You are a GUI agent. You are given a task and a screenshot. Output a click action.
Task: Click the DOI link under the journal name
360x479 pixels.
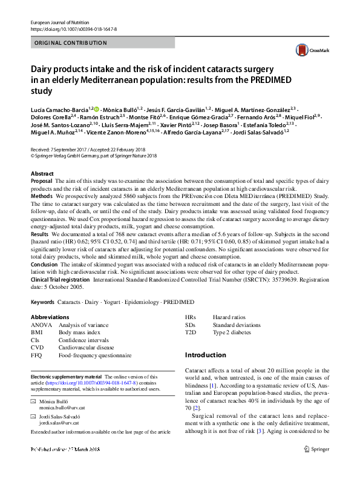point(73,29)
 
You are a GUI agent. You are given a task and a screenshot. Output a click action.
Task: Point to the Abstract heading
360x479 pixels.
point(42,174)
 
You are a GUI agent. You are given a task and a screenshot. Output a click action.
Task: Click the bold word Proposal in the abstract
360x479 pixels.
point(41,181)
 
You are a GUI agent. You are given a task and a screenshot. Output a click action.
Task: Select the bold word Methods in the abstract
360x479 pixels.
point(41,197)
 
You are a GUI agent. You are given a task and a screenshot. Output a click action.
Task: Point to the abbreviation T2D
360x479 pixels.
point(191,333)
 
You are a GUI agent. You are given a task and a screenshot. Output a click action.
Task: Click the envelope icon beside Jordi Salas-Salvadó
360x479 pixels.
point(33,418)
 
